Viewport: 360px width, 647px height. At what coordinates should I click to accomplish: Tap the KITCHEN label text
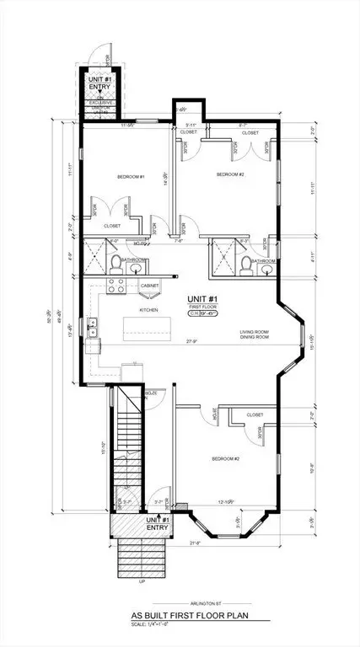[x=149, y=310]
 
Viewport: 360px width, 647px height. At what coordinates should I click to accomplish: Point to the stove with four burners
[x=117, y=288]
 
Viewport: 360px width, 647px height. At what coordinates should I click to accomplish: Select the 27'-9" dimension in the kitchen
[x=191, y=341]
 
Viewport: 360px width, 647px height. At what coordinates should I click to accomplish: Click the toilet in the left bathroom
[x=114, y=264]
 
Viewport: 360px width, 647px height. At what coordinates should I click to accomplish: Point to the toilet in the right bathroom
[x=243, y=265]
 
